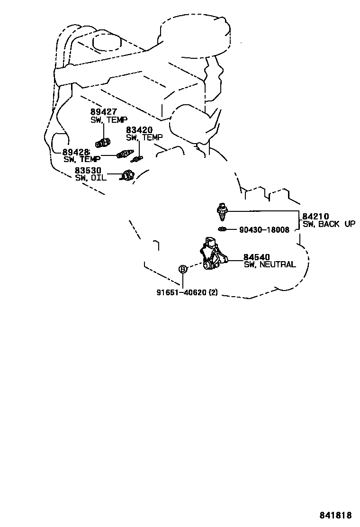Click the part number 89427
point(104,112)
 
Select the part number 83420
point(139,130)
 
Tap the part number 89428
point(76,152)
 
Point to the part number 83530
point(88,170)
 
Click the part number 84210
point(316,217)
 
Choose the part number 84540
point(257,257)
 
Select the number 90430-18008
point(264,230)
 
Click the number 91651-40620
point(181,292)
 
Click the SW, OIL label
point(90,178)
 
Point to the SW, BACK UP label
point(329,224)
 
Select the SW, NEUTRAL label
point(270,265)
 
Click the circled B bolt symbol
point(183,270)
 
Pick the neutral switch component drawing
point(213,254)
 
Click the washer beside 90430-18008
point(222,230)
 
